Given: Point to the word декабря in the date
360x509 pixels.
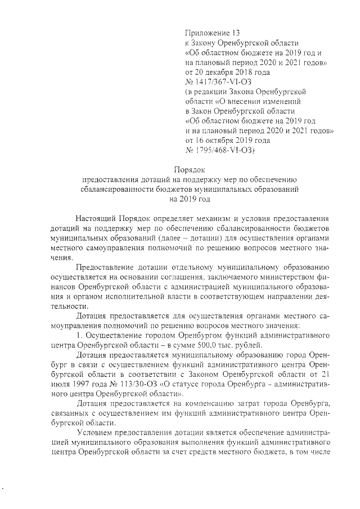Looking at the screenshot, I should coord(223,72).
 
